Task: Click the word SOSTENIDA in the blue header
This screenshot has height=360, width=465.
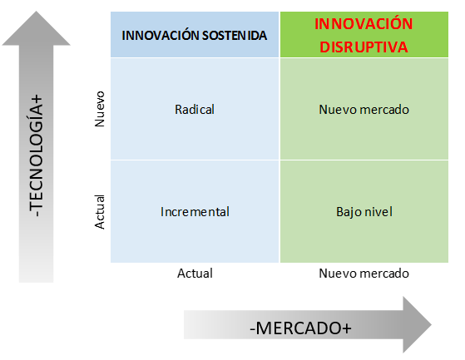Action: point(235,36)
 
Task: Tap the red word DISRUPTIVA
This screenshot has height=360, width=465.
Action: point(364,47)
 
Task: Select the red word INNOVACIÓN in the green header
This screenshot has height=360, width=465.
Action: point(364,24)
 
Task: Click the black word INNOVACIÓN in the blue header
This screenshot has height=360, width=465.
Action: point(161,35)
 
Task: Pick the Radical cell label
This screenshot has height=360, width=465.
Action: point(195,110)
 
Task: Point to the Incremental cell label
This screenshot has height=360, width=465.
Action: point(195,211)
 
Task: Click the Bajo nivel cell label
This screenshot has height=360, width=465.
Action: point(364,212)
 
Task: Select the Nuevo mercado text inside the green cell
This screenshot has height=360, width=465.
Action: point(364,110)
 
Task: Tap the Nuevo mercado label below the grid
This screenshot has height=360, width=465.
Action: point(364,274)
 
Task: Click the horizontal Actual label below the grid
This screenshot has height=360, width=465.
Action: point(195,274)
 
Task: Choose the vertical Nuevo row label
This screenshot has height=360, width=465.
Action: point(100,109)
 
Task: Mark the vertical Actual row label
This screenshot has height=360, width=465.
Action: point(100,212)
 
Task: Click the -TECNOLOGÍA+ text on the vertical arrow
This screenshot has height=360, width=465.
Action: point(36,155)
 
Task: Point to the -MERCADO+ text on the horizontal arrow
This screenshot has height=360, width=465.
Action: point(300,328)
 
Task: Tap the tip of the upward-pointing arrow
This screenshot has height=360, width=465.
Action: point(36,12)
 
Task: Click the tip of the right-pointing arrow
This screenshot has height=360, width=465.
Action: point(432,325)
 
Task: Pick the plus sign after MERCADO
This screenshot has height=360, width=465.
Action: point(347,329)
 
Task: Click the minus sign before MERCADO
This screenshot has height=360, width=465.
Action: point(253,329)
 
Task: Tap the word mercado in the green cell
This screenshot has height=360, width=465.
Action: point(384,110)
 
